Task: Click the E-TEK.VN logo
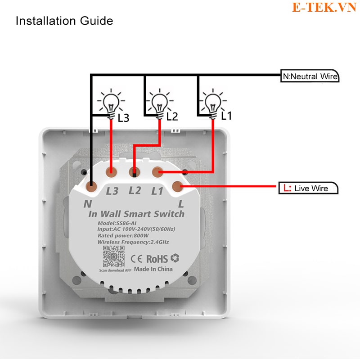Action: point(324,7)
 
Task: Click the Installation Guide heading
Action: point(64,21)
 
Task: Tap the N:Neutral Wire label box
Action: point(310,76)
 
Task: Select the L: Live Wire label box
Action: point(308,188)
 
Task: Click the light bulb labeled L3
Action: point(111,104)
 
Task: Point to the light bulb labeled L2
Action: point(160,104)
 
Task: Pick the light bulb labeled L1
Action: point(213,104)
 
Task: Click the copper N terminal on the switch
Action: point(92,186)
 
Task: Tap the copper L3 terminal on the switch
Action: point(111,172)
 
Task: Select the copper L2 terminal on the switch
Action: point(135,172)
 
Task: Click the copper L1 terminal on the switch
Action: point(158,172)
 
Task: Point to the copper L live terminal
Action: point(178,186)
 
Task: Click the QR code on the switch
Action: point(114,256)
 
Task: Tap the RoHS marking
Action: point(157,259)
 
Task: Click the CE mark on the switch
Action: point(136,259)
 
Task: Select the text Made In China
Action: point(153,269)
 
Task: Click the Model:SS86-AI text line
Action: point(117,223)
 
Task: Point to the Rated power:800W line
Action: point(123,235)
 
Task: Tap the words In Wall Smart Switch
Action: point(136,214)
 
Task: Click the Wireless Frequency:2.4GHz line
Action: point(133,242)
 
